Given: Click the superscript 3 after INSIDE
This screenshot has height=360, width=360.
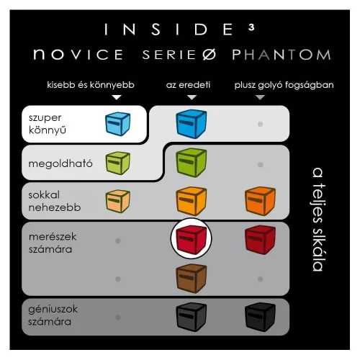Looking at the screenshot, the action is click(x=251, y=27).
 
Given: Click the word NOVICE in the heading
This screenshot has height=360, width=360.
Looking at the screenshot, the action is click(x=78, y=54).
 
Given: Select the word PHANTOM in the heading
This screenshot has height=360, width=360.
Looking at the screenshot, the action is click(x=282, y=55).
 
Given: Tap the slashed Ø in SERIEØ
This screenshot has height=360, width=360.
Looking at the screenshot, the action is click(x=209, y=55).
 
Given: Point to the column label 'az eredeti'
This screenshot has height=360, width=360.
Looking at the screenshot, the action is click(x=188, y=85).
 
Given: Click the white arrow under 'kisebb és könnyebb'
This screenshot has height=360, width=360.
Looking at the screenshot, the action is click(x=117, y=97).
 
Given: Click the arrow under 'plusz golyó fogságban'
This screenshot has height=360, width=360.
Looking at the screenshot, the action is click(x=260, y=97).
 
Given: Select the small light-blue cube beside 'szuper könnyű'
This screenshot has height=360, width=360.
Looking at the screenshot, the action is click(x=117, y=124).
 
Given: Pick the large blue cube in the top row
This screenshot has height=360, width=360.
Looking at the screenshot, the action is click(x=191, y=124).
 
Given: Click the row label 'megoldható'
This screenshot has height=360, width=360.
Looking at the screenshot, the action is click(x=60, y=163).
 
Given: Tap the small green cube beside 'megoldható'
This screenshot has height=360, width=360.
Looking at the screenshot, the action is click(x=117, y=163).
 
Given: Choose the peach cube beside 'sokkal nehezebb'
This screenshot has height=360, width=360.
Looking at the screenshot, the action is click(x=117, y=201).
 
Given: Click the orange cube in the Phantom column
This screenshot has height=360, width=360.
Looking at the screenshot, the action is click(x=260, y=201).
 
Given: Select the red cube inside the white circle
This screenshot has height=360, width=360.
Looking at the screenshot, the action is click(x=191, y=239).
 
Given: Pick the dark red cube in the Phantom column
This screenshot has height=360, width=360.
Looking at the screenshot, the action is click(x=260, y=239).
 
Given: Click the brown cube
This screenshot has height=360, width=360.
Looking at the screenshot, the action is click(x=191, y=279).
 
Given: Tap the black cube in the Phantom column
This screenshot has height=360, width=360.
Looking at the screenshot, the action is click(x=260, y=317).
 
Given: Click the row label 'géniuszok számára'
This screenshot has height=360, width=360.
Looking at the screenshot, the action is click(x=53, y=315).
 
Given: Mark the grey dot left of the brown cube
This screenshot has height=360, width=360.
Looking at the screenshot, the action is click(x=117, y=279).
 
